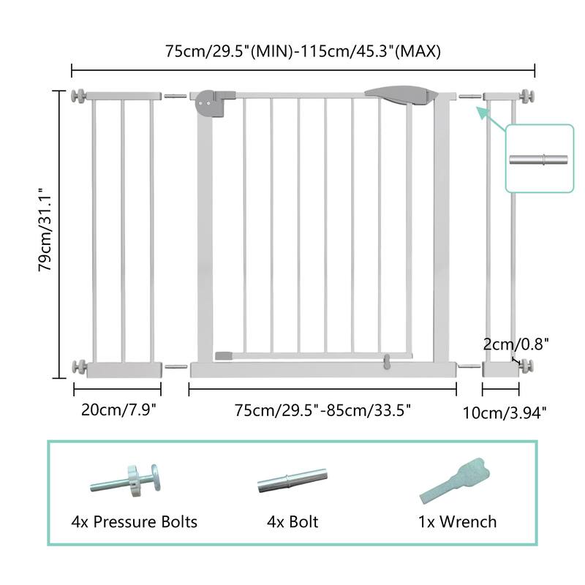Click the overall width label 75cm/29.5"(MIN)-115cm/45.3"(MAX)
(x=302, y=51)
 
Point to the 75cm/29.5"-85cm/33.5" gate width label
(x=322, y=409)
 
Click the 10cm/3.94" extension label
(x=505, y=413)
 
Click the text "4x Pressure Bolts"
(x=135, y=522)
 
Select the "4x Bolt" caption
(x=292, y=522)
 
